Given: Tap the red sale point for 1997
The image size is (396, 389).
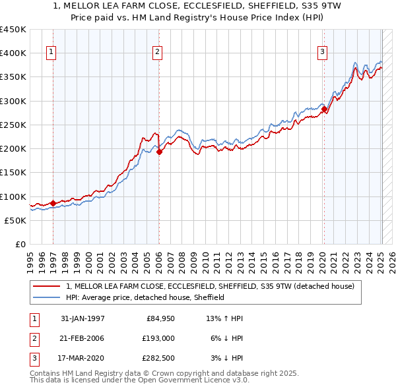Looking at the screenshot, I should tap(53, 203).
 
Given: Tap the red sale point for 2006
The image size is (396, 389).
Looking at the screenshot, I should tap(159, 152).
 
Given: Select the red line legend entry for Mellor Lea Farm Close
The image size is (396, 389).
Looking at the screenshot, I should tap(210, 286).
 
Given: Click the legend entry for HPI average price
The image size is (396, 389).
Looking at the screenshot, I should tap(145, 297).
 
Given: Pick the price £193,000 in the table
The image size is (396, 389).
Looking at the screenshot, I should tap(159, 338).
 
